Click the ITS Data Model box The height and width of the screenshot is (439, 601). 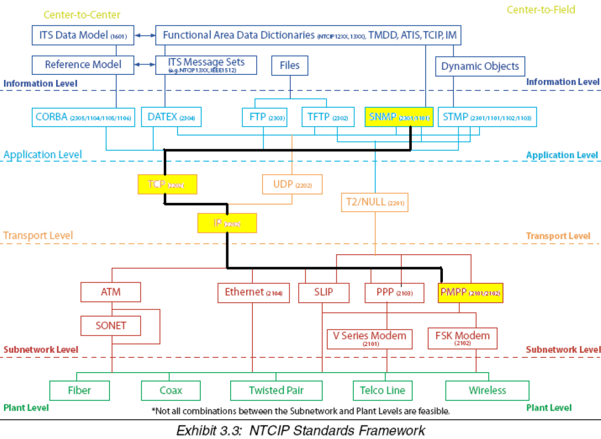83,35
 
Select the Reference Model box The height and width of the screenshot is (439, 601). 83,65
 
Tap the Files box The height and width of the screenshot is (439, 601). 290,65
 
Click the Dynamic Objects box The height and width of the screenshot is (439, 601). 480,66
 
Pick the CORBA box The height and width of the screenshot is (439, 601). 83,117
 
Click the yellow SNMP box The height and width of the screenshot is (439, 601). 399,117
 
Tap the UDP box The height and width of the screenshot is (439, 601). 292,184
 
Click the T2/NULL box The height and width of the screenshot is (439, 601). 374,202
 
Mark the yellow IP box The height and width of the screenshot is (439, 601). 227,223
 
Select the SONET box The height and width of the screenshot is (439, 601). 111,326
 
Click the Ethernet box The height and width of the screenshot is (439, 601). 253,293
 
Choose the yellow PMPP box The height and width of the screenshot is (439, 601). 471,293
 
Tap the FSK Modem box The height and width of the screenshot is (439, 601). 462,337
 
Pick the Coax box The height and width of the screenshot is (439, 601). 171,390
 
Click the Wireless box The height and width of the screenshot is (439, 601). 487,390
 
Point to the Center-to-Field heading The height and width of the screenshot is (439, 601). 541,10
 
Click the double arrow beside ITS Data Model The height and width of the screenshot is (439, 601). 145,36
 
